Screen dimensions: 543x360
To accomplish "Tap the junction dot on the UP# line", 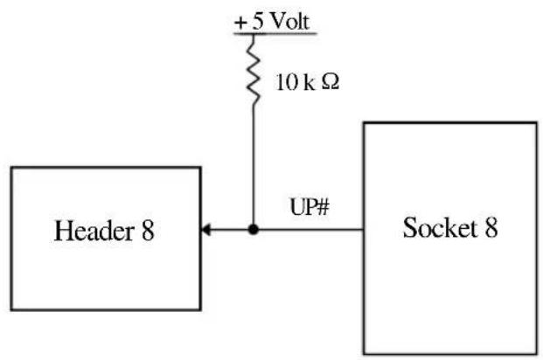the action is click(254, 229).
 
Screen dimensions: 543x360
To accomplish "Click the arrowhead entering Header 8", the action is click(205, 230).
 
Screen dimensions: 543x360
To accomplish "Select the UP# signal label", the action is click(310, 207).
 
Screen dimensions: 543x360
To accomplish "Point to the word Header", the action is click(94, 231).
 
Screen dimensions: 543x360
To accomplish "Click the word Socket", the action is click(440, 227).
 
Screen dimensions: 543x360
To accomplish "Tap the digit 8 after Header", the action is click(148, 231).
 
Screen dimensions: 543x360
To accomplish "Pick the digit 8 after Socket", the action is click(491, 227).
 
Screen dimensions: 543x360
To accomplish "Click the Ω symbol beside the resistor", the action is click(330, 82).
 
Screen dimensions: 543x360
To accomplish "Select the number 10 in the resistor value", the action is click(287, 83).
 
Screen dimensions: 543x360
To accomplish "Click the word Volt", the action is click(289, 22).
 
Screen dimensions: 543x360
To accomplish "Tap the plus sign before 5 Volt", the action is click(240, 24).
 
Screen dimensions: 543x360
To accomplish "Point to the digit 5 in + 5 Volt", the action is click(258, 22).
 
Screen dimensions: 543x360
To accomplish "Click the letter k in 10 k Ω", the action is click(309, 82).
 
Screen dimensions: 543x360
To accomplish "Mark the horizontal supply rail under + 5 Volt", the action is click(275, 33).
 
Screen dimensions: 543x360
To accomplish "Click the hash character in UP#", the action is click(323, 207).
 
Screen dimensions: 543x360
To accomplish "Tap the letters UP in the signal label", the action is click(303, 207).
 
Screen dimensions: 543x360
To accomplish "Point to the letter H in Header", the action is click(63, 231).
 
